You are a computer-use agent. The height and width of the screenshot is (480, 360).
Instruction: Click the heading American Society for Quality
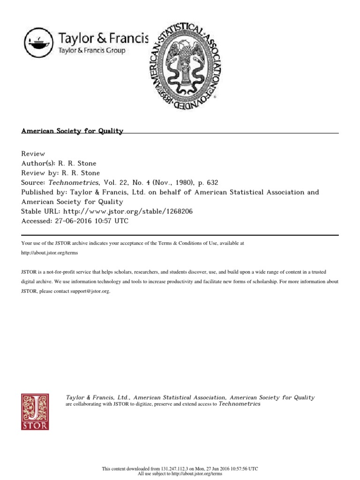pos(72,131)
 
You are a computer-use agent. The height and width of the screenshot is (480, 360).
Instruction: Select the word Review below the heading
pos(33,154)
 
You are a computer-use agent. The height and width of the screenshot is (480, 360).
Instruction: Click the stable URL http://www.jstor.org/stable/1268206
pos(127,211)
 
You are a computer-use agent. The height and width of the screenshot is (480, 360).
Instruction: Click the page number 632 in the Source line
pos(212,183)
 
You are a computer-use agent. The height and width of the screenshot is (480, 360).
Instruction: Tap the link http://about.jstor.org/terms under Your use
pos(50,253)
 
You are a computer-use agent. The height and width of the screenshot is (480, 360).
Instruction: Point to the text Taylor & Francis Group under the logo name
pos(91,51)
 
